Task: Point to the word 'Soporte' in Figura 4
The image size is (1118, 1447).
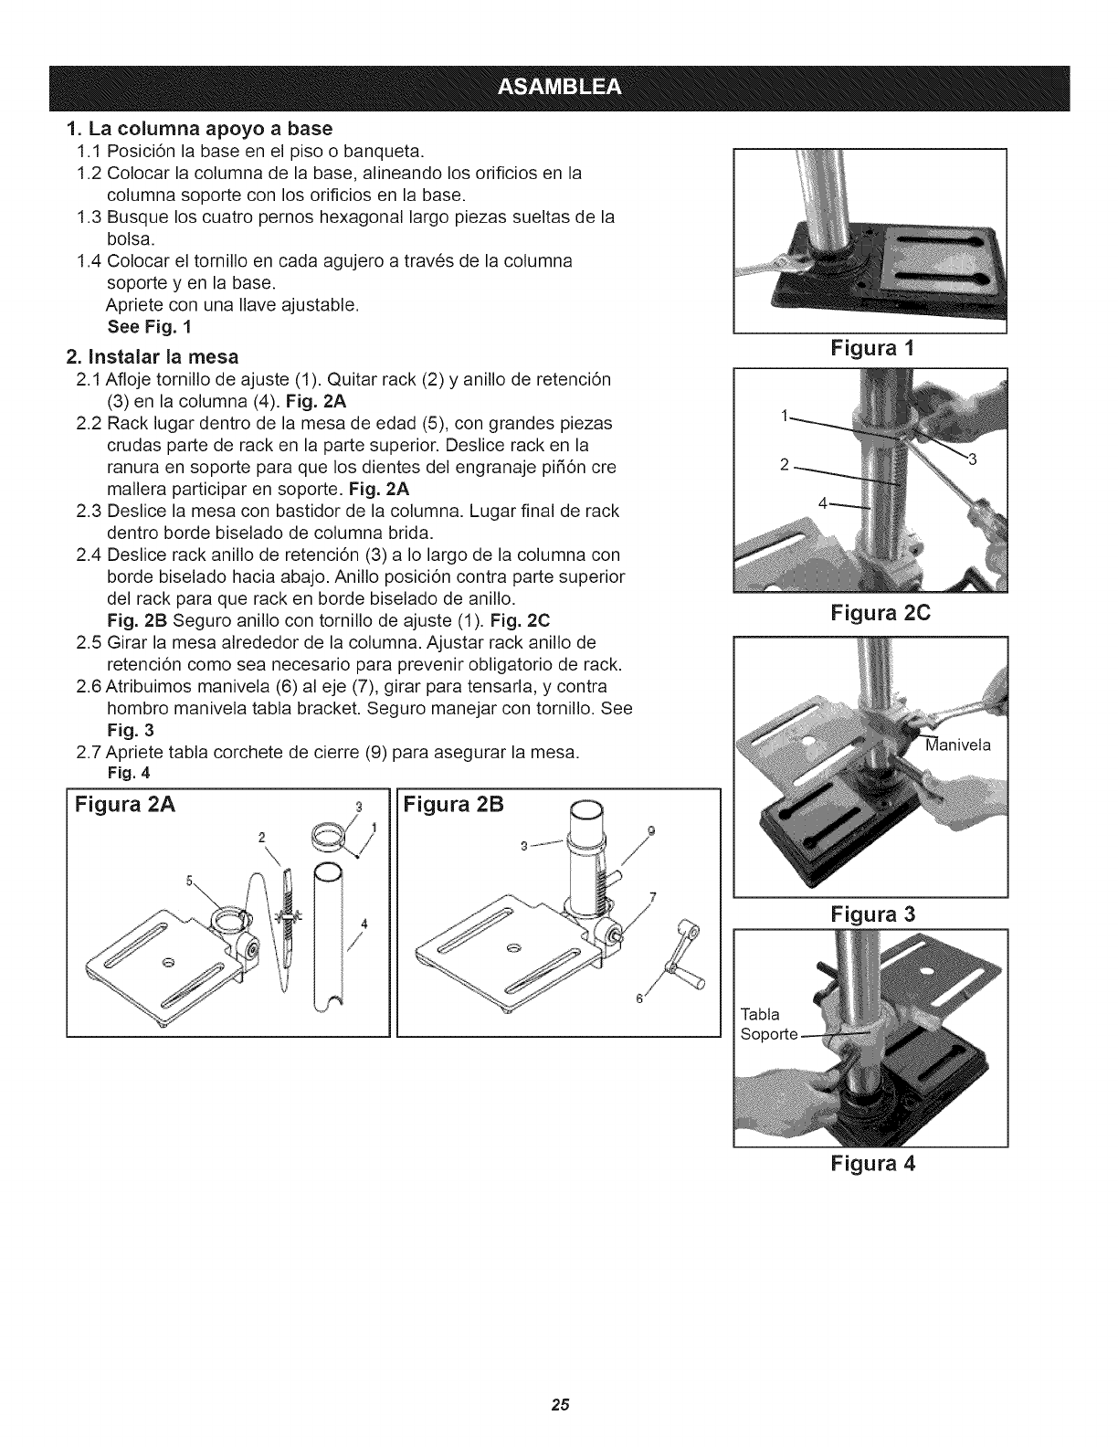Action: [770, 1034]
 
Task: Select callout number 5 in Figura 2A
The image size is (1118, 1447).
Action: [190, 882]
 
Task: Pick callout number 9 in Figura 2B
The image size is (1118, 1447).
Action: [650, 830]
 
